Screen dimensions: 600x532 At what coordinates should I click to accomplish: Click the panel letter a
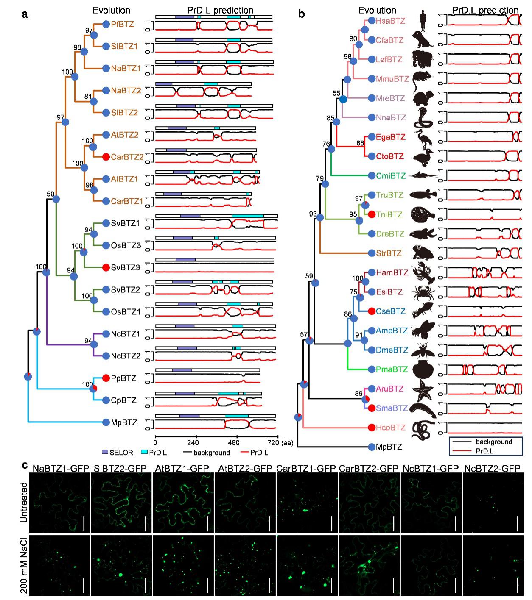click(25, 14)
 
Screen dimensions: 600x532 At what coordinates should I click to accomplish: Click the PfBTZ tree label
click(122, 25)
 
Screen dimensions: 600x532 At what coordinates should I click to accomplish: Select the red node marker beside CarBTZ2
click(106, 157)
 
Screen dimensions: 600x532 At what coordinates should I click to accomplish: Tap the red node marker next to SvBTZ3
click(106, 267)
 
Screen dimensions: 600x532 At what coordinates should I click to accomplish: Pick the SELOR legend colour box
click(105, 453)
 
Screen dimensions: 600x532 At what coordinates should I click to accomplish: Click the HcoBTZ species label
click(391, 428)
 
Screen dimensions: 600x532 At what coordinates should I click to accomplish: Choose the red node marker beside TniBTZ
click(372, 214)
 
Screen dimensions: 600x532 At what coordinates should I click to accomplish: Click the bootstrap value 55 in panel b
click(336, 93)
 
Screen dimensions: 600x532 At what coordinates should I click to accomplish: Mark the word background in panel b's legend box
click(494, 442)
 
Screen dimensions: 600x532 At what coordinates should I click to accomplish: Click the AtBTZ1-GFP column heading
click(182, 468)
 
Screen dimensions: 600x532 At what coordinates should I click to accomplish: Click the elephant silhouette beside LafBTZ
click(423, 59)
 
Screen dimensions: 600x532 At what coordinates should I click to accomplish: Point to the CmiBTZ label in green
click(391, 176)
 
